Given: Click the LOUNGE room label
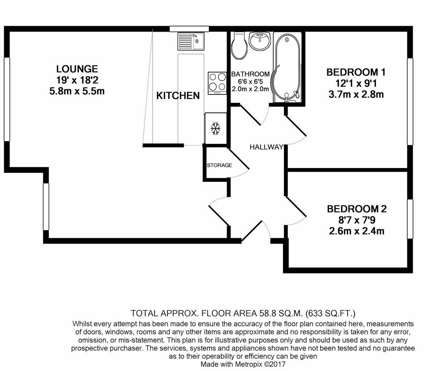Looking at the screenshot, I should click(x=77, y=69).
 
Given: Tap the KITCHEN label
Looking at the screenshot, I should click(x=178, y=95).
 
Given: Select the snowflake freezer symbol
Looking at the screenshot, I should click(x=215, y=128).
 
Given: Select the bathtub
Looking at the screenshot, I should click(x=287, y=67).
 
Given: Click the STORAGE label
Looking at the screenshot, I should click(x=219, y=165).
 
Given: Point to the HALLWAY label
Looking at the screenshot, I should click(x=266, y=147).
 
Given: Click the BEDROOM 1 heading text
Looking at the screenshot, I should click(x=356, y=72).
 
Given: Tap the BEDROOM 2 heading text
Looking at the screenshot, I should click(x=356, y=209).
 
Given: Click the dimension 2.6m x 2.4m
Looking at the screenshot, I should click(x=356, y=231).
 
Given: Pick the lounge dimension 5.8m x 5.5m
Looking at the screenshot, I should click(x=77, y=91).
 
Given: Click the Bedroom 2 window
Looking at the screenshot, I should click(x=410, y=219).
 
